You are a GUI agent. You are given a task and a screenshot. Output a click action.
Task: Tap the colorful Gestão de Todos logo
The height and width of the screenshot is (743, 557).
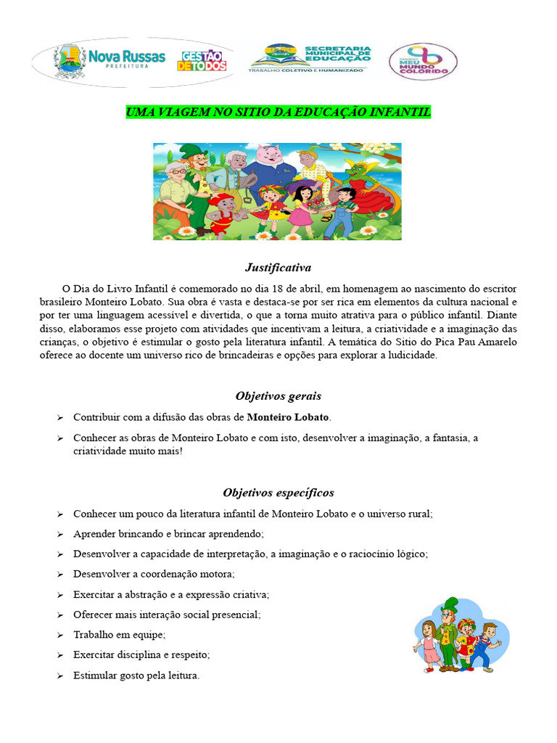(x=202, y=61)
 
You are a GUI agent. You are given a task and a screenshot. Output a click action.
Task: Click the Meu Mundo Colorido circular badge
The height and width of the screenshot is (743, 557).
(x=423, y=61)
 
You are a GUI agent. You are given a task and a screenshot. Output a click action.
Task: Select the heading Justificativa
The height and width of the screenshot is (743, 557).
(x=278, y=268)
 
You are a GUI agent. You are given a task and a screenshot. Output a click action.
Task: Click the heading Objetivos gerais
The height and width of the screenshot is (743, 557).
(x=278, y=396)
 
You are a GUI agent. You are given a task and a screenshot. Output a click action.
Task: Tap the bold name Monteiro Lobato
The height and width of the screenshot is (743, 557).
(x=288, y=417)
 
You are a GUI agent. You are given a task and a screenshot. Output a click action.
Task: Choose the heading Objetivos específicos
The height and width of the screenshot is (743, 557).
(x=278, y=493)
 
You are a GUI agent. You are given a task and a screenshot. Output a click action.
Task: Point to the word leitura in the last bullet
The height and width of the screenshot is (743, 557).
(x=181, y=676)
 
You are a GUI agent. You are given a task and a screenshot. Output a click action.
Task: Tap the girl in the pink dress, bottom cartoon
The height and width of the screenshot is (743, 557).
(x=429, y=642)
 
